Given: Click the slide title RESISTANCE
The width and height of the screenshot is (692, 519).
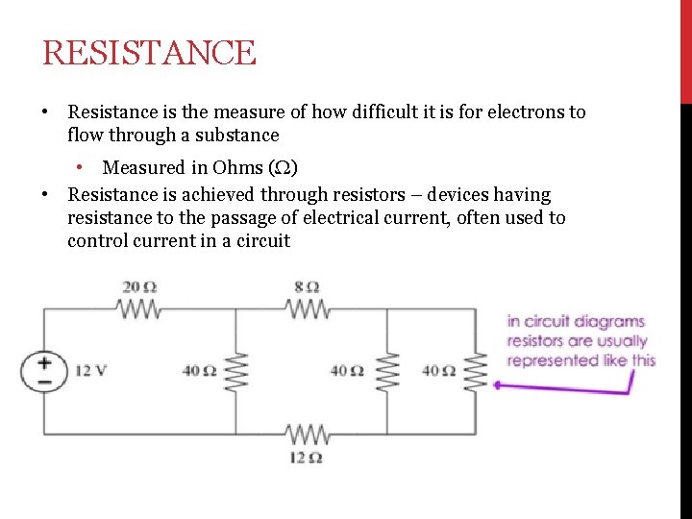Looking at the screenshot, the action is pyautogui.click(x=149, y=53).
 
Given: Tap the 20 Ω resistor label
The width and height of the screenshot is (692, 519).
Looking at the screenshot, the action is pyautogui.click(x=140, y=286).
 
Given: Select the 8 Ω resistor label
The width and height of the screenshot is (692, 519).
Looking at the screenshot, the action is pyautogui.click(x=308, y=286).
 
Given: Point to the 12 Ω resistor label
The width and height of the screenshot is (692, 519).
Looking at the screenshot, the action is pyautogui.click(x=306, y=457).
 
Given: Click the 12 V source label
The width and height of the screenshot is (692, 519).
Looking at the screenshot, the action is pyautogui.click(x=91, y=370).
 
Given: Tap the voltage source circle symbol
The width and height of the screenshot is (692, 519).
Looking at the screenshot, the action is pyautogui.click(x=45, y=370).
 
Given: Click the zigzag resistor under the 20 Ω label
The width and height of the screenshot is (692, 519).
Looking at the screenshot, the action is pyautogui.click(x=139, y=309).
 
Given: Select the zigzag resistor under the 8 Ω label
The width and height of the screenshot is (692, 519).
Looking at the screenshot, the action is pyautogui.click(x=308, y=309).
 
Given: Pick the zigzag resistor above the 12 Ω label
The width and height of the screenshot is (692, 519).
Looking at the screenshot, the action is pyautogui.click(x=308, y=434).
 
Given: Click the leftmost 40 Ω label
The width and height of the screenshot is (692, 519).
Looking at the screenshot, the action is pyautogui.click(x=200, y=370).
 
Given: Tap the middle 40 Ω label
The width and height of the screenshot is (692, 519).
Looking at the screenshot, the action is pyautogui.click(x=346, y=370).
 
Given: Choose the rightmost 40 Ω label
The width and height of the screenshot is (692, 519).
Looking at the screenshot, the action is pyautogui.click(x=438, y=370).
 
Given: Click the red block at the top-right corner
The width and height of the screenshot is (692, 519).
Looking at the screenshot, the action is pyautogui.click(x=685, y=50).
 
